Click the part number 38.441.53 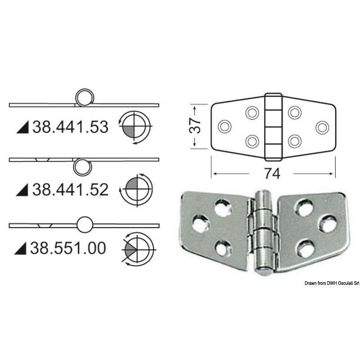70,128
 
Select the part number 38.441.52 70,189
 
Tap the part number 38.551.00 69,247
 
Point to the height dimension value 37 194,127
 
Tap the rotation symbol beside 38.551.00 137,248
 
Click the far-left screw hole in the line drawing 224,127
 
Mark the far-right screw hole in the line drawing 321,127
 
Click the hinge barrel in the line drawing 272,127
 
